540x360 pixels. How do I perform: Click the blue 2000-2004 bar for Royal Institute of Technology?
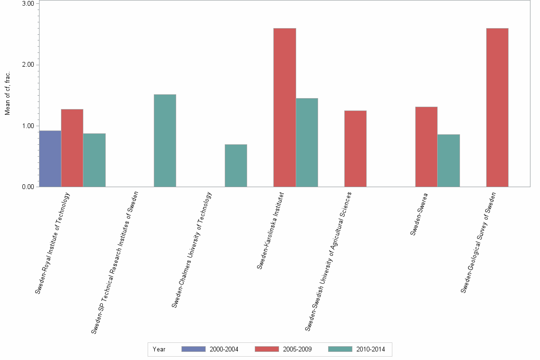[x=50, y=159]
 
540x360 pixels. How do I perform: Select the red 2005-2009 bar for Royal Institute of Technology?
[x=72, y=148]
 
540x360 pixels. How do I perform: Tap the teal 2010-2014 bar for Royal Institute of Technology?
[x=94, y=160]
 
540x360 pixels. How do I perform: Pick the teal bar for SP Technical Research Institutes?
[x=165, y=140]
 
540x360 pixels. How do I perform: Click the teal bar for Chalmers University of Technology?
[x=236, y=165]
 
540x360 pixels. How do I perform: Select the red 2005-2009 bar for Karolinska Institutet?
[x=285, y=108]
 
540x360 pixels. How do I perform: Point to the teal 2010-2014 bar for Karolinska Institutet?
[x=307, y=142]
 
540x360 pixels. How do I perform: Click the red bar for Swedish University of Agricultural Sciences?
[x=355, y=149]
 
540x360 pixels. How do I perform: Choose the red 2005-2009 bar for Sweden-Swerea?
[x=426, y=147]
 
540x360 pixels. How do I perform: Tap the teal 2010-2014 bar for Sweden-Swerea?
[x=449, y=160]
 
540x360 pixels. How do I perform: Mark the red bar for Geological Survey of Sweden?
[x=497, y=108]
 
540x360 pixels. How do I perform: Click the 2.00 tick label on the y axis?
[x=28, y=65]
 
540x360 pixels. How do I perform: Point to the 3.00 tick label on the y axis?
[x=28, y=4]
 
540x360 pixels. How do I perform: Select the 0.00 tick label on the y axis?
[x=28, y=187]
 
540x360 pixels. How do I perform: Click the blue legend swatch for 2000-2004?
[x=193, y=349]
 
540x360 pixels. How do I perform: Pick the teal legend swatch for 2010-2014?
[x=340, y=349]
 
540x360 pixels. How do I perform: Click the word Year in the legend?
[x=159, y=350]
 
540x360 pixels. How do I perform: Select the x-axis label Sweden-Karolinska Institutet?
[x=270, y=230]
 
